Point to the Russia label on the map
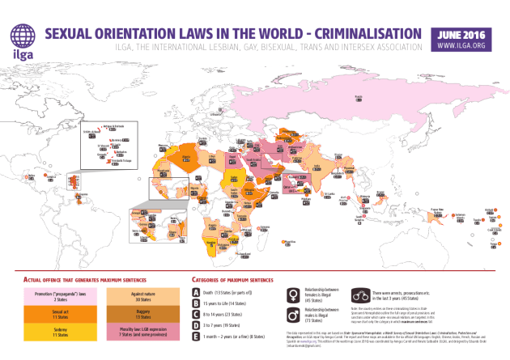tap(359, 96)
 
